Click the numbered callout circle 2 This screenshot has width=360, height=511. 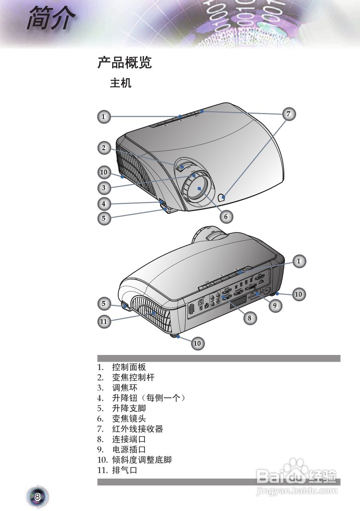point(104,148)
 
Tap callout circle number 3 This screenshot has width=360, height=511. point(104,187)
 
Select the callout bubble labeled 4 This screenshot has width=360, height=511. point(104,204)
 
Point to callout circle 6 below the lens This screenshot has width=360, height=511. point(225,216)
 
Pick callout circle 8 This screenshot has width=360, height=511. point(249,318)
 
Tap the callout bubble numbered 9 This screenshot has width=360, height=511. point(275,306)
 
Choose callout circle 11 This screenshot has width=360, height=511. point(104,321)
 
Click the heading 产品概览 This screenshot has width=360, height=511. point(125,63)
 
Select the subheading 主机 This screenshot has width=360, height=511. point(121,83)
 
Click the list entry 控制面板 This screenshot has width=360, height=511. point(129,367)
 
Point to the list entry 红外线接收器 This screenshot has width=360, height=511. point(137,429)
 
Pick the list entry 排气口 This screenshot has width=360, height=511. point(125,471)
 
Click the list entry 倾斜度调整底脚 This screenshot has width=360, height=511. point(141,460)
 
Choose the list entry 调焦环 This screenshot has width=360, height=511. point(125,388)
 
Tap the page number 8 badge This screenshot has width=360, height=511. point(38,497)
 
